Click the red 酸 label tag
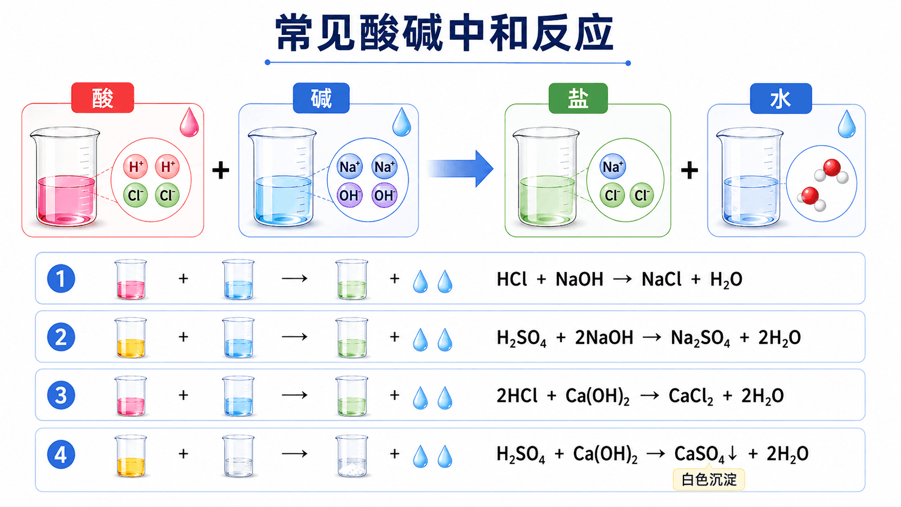click(x=102, y=98)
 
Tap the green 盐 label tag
click(x=578, y=98)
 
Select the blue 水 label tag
click(x=781, y=99)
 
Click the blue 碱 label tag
click(x=321, y=98)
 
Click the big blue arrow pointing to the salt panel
click(x=460, y=169)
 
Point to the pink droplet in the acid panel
click(x=190, y=122)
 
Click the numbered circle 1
click(x=61, y=278)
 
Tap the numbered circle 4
click(x=61, y=454)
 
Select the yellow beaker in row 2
click(x=131, y=338)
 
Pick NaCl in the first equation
click(x=661, y=279)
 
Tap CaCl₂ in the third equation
click(x=691, y=397)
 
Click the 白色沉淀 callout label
click(x=709, y=480)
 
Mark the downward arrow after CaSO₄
click(x=732, y=454)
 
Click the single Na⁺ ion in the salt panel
click(x=613, y=166)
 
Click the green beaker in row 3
click(x=352, y=396)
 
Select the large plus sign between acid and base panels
click(x=221, y=170)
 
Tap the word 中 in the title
click(x=467, y=32)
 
